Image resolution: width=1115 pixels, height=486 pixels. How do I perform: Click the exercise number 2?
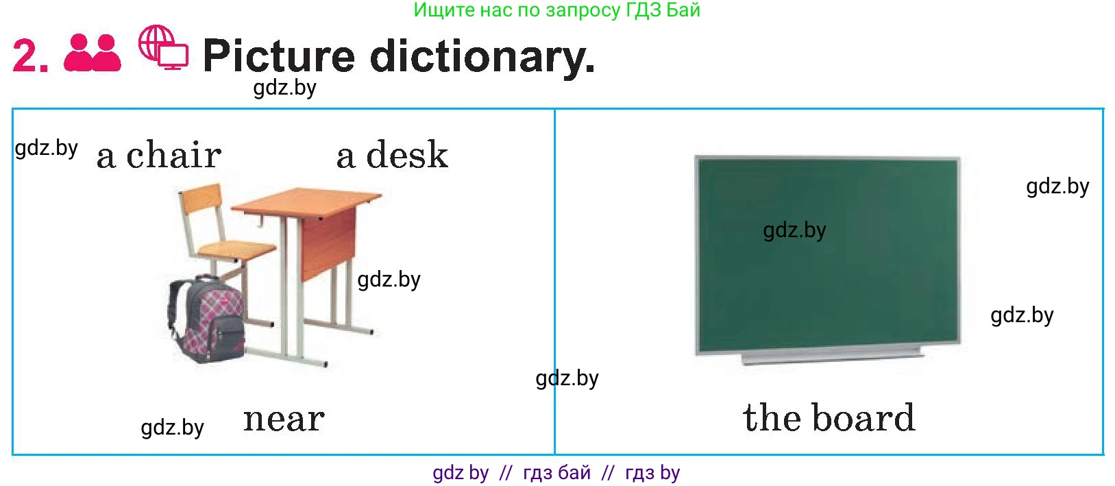(x=30, y=56)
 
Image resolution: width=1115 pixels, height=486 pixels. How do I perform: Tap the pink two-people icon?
(x=93, y=53)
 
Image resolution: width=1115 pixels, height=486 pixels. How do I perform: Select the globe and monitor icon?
(x=163, y=47)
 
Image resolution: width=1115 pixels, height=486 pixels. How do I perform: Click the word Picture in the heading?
(x=279, y=56)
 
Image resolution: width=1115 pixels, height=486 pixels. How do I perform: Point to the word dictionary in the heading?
(x=482, y=57)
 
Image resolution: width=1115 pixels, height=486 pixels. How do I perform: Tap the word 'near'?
(x=284, y=420)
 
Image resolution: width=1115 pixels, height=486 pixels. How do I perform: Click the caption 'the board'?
(x=829, y=417)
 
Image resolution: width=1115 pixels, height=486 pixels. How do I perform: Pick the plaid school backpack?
(x=206, y=319)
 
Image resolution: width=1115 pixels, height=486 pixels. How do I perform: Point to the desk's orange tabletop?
(x=306, y=201)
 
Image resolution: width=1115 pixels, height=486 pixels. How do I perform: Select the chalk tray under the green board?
(x=832, y=354)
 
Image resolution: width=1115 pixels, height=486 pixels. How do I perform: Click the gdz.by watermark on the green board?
(x=794, y=230)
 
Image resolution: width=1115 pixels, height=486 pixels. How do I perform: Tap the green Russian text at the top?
(x=556, y=10)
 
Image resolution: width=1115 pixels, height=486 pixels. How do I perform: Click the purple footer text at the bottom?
(x=556, y=472)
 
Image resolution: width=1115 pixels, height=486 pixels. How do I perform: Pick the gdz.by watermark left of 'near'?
(x=172, y=428)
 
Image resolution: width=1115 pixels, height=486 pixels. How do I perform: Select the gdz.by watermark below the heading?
(x=284, y=88)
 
